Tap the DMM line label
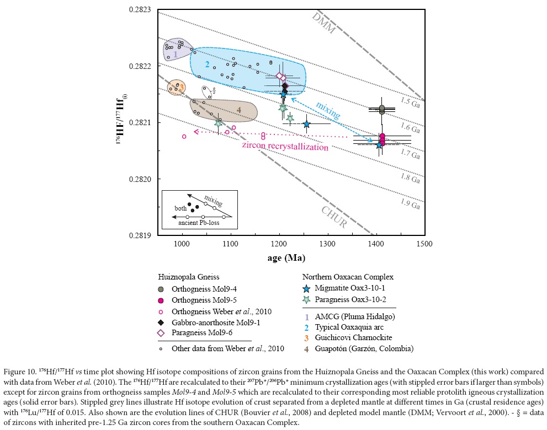coord(323,23)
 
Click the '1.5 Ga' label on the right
coord(410,102)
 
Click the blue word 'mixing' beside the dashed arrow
coord(328,110)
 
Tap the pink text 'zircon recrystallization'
coord(285,147)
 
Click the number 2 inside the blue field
coord(207,64)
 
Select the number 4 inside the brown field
coord(239,110)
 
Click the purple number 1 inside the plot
coord(176,54)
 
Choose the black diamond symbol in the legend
coord(161,322)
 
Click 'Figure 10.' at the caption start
coord(18,372)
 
